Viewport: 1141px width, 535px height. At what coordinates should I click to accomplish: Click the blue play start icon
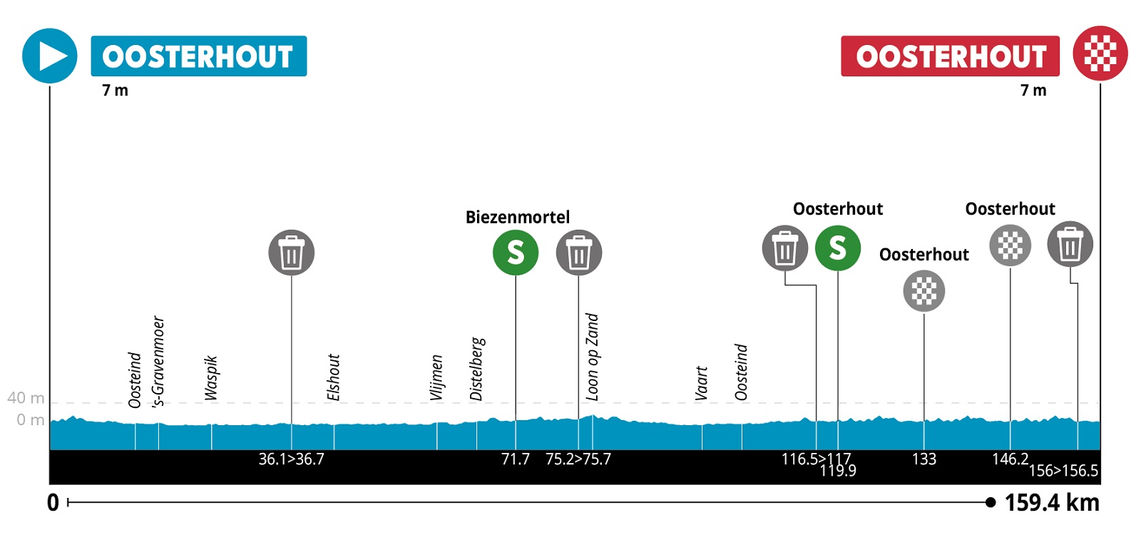(49, 56)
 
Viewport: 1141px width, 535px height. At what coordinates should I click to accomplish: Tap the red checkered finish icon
(1100, 53)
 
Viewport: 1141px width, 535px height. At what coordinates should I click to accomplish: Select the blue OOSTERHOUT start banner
(198, 56)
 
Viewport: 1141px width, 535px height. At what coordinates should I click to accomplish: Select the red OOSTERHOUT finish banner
(950, 56)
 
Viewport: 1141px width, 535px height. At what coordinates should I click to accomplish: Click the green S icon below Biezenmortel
(515, 253)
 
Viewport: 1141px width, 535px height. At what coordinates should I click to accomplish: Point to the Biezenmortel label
(517, 217)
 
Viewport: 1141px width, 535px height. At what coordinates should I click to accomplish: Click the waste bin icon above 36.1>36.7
(291, 253)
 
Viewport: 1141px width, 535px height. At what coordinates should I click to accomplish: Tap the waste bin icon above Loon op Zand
(578, 253)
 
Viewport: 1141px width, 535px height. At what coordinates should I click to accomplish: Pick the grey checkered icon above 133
(923, 291)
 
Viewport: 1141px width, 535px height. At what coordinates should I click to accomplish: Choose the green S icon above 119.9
(837, 248)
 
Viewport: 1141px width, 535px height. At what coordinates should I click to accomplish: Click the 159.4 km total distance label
(1052, 503)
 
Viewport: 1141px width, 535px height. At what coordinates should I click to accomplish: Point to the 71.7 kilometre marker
(515, 459)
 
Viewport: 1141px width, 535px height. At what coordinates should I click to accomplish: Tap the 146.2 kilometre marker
(1010, 459)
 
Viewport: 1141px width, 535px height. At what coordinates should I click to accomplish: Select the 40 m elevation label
(26, 398)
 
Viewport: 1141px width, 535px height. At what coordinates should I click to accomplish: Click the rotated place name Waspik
(211, 378)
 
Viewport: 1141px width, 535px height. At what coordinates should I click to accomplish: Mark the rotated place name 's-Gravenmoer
(158, 361)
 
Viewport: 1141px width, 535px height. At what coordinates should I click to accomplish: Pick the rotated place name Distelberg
(477, 369)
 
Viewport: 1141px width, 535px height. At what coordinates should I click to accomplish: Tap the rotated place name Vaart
(702, 383)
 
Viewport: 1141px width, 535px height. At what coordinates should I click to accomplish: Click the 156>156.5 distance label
(1063, 471)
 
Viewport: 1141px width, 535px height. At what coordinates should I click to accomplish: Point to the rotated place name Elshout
(333, 377)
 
